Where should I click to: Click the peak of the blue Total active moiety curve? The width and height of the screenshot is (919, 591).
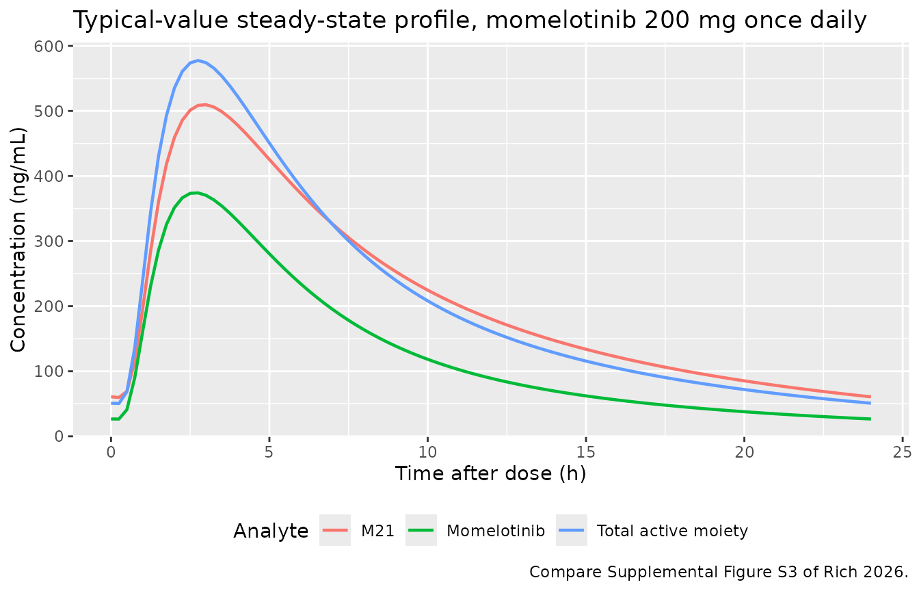pos(198,61)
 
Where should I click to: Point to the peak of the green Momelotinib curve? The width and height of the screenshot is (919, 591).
pos(198,193)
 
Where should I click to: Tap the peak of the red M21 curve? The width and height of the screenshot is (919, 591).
pos(205,105)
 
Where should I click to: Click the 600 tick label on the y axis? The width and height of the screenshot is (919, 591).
pos(49,47)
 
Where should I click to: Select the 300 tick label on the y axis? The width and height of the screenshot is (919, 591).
pos(49,241)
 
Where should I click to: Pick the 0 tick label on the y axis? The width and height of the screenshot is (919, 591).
pos(59,436)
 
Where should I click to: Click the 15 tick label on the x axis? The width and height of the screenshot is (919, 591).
pos(585,452)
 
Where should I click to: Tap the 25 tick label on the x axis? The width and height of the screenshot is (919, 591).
pos(902,452)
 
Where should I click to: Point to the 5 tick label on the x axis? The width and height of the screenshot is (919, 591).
pos(269,452)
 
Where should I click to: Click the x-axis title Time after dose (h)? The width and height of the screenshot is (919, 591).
pos(490,474)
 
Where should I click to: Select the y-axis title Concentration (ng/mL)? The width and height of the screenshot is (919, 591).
pos(18,241)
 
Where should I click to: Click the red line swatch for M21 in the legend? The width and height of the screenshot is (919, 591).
pos(335,530)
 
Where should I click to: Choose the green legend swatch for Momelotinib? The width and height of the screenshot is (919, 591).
pos(421,530)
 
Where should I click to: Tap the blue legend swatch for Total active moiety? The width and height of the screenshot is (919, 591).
pos(572,530)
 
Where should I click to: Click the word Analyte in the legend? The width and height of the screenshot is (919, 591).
pos(271,531)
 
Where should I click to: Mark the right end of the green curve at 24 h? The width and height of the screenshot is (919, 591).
pos(870,419)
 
